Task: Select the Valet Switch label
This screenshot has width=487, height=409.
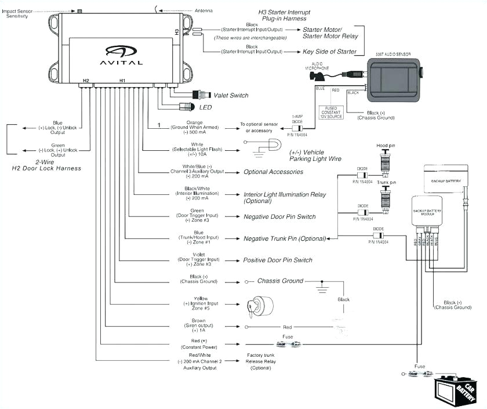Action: pyautogui.click(x=231, y=95)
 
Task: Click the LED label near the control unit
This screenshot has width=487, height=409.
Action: pyautogui.click(x=206, y=107)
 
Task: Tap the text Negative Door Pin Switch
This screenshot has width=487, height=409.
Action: pyautogui.click(x=279, y=216)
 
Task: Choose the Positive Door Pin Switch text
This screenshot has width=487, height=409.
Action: pyautogui.click(x=278, y=260)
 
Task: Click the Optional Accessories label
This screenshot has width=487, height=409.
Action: pyautogui.click(x=273, y=172)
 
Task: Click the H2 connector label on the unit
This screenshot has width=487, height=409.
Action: pyautogui.click(x=86, y=81)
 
